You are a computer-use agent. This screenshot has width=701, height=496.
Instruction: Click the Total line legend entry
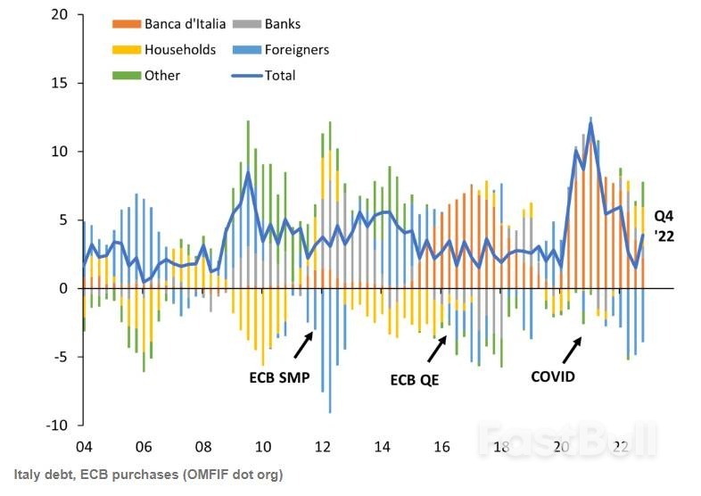[279, 75]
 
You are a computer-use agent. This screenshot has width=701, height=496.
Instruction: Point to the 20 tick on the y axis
[60, 15]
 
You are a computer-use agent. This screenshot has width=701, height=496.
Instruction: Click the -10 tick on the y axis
[56, 425]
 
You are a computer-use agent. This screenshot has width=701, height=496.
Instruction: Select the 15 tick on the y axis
[60, 83]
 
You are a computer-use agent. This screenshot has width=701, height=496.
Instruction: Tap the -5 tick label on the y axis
[60, 357]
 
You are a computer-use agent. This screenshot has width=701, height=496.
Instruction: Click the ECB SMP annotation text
[278, 376]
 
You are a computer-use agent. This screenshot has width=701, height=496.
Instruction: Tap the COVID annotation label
[553, 376]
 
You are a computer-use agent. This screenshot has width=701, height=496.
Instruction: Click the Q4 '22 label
[665, 227]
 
